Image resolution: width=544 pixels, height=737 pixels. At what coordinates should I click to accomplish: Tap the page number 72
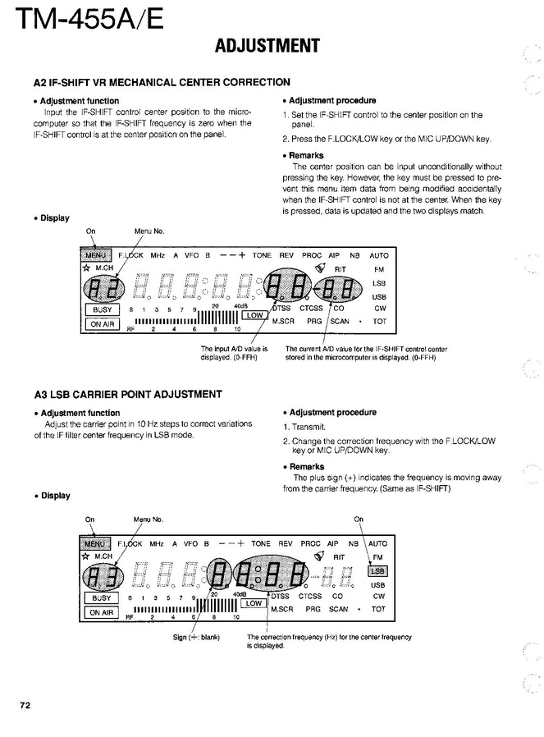(x=25, y=705)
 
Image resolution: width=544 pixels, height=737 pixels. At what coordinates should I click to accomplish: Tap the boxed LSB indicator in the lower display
(x=378, y=570)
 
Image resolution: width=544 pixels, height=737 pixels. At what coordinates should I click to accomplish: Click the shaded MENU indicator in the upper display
(x=95, y=254)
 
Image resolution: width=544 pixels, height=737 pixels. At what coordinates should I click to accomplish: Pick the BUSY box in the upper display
(x=103, y=309)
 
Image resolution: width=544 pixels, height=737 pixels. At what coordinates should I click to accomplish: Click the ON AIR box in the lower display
(x=103, y=612)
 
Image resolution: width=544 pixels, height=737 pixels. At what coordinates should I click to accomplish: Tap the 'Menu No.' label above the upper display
(x=149, y=232)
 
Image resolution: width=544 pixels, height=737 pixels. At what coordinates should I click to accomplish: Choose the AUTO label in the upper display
(x=378, y=255)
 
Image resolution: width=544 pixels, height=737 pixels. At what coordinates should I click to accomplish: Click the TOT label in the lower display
(x=378, y=610)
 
